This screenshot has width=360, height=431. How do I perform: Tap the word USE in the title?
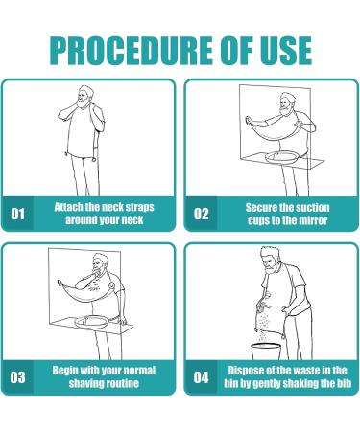[285, 51]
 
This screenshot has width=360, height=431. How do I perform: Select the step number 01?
[17, 214]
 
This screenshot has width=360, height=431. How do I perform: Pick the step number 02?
[201, 214]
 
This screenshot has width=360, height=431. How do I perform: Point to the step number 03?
[17, 377]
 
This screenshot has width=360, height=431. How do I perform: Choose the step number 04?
[201, 377]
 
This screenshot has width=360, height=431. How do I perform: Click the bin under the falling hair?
[266, 352]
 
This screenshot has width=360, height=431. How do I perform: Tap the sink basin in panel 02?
[283, 157]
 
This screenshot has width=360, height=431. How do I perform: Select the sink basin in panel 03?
[92, 321]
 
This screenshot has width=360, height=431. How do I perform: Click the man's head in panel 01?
[84, 97]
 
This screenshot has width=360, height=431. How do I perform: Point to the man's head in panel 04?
[270, 260]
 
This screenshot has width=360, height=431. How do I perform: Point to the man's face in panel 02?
[286, 104]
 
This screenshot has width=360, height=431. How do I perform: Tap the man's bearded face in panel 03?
[99, 265]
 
